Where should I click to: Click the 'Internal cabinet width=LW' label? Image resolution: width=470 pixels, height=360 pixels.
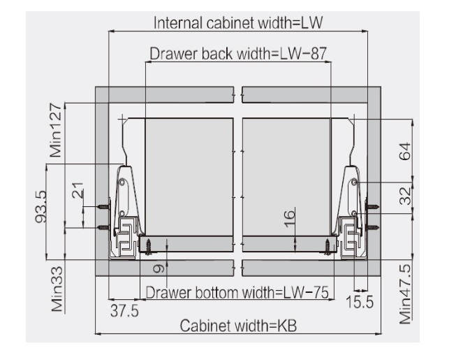click(238, 23)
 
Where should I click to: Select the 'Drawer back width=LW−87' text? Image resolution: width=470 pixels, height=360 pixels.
click(238, 54)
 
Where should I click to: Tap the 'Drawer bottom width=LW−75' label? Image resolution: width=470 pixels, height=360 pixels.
click(237, 292)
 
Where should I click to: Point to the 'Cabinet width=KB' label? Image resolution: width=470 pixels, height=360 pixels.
click(238, 326)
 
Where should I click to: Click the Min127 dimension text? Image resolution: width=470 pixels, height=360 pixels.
click(56, 130)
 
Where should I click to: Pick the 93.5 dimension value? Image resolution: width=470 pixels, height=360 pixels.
click(41, 206)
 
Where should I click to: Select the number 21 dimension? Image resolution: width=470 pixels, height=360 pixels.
click(78, 190)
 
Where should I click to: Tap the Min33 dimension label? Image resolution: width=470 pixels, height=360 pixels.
click(57, 289)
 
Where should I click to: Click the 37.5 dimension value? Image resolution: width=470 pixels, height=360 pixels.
click(124, 310)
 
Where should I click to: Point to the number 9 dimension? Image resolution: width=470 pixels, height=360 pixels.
click(159, 268)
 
